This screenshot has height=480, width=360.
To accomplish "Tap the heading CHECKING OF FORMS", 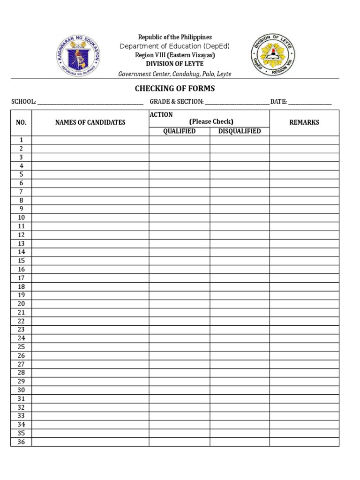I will coord(175,89).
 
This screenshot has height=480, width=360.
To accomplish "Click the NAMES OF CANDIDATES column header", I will coord(90,122).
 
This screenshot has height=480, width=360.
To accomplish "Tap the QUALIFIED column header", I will coord(179,131).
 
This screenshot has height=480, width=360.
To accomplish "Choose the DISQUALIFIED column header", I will coord(240,131).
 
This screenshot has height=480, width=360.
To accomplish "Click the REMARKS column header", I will coord(304,122).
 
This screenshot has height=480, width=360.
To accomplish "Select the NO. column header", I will coord(21,122).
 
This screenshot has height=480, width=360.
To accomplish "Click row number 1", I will coord(21,140).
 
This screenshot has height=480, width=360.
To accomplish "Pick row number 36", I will coord(21,442).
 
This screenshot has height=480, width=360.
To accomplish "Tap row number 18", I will coord(21,286).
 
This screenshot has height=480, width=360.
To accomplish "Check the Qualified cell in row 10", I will coord(179,217).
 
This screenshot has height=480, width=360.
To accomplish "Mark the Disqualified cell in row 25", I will coord(240,347).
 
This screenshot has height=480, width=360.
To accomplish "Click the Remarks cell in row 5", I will coord(304,174).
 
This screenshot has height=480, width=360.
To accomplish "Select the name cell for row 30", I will coord(90,390).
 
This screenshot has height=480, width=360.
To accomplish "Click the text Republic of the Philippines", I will coord(175,37).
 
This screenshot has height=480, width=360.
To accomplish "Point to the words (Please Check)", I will coord(211,121).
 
